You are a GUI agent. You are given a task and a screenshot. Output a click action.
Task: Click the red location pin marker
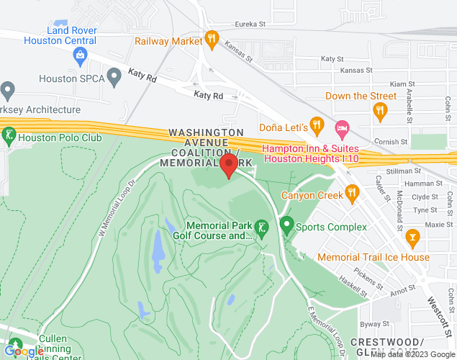tap(229, 165)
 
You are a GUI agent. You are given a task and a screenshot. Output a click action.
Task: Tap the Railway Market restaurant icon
tap(211, 38)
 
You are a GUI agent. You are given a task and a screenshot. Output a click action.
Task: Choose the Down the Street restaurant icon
tap(381, 110)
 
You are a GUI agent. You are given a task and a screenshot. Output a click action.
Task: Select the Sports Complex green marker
tap(287, 227)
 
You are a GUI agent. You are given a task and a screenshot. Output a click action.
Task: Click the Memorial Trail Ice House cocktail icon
tap(412, 236)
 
